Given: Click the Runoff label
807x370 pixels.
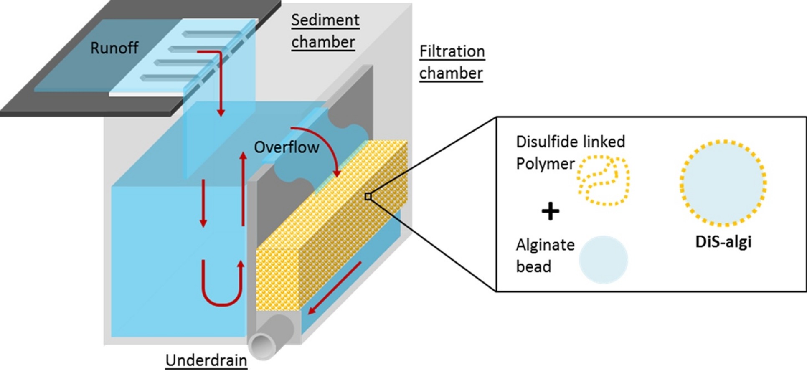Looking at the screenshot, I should (x=114, y=48).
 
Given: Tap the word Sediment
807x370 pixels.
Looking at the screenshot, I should (x=325, y=20).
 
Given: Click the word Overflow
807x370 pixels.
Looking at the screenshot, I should (x=287, y=147).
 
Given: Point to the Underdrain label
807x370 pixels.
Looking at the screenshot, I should (x=206, y=360).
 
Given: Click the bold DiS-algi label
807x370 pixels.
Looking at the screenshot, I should (x=723, y=241).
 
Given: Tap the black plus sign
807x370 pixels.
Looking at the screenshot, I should (x=550, y=211).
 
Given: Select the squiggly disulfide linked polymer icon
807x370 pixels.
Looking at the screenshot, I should (x=604, y=180).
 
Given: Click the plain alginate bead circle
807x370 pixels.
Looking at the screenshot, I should (x=603, y=259).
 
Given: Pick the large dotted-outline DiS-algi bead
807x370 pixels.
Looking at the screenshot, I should (x=723, y=183).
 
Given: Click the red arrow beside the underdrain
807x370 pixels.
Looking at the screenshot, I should (x=335, y=288).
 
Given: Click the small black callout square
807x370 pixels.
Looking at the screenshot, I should (x=368, y=196).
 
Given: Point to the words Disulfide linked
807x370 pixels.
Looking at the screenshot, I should (x=570, y=142).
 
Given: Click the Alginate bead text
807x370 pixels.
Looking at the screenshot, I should (x=545, y=255).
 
